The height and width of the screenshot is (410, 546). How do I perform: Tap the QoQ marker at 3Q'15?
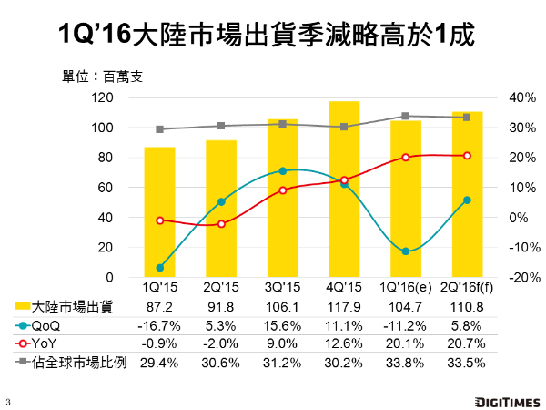coord(283,170)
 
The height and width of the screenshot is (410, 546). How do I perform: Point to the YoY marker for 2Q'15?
coord(221,223)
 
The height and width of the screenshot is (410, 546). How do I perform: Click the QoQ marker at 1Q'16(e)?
coord(406,251)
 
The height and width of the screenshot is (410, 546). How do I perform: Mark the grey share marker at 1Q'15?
coord(159,129)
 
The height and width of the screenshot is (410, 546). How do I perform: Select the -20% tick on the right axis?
coord(500,277)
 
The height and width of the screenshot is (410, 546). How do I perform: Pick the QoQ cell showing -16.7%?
coord(159,325)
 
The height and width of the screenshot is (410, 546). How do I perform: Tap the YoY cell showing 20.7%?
coord(467,343)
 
